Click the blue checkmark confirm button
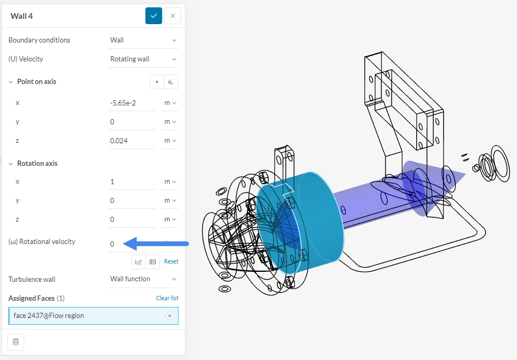153,16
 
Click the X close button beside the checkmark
173,16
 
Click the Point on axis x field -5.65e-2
131,103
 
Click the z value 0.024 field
131,141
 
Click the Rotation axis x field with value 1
131,182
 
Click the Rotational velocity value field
131,244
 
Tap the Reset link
171,261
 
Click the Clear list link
167,298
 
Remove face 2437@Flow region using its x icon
170,315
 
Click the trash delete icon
16,342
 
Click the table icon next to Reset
153,261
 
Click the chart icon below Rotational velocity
139,261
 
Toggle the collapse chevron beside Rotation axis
11,163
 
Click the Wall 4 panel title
22,16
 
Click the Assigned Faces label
31,298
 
